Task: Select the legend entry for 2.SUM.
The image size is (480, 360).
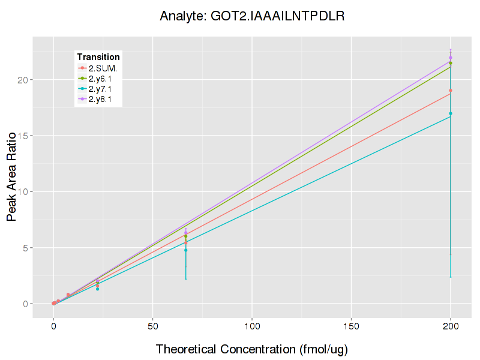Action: pos(103,68)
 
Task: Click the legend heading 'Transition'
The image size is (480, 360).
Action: pos(98,57)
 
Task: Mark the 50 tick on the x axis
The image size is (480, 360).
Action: pos(152,326)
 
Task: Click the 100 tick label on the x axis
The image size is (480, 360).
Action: pos(252,326)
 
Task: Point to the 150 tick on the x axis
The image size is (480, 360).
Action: pos(351,326)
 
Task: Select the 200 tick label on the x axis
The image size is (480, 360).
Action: pos(451,326)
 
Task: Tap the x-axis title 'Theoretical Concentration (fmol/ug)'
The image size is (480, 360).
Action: pos(252,349)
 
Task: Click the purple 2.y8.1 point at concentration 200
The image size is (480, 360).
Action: pos(451,58)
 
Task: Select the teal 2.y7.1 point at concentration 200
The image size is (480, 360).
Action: pos(451,113)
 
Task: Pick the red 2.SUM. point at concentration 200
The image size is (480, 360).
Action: pos(451,91)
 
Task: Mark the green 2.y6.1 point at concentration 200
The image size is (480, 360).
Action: pos(451,63)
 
